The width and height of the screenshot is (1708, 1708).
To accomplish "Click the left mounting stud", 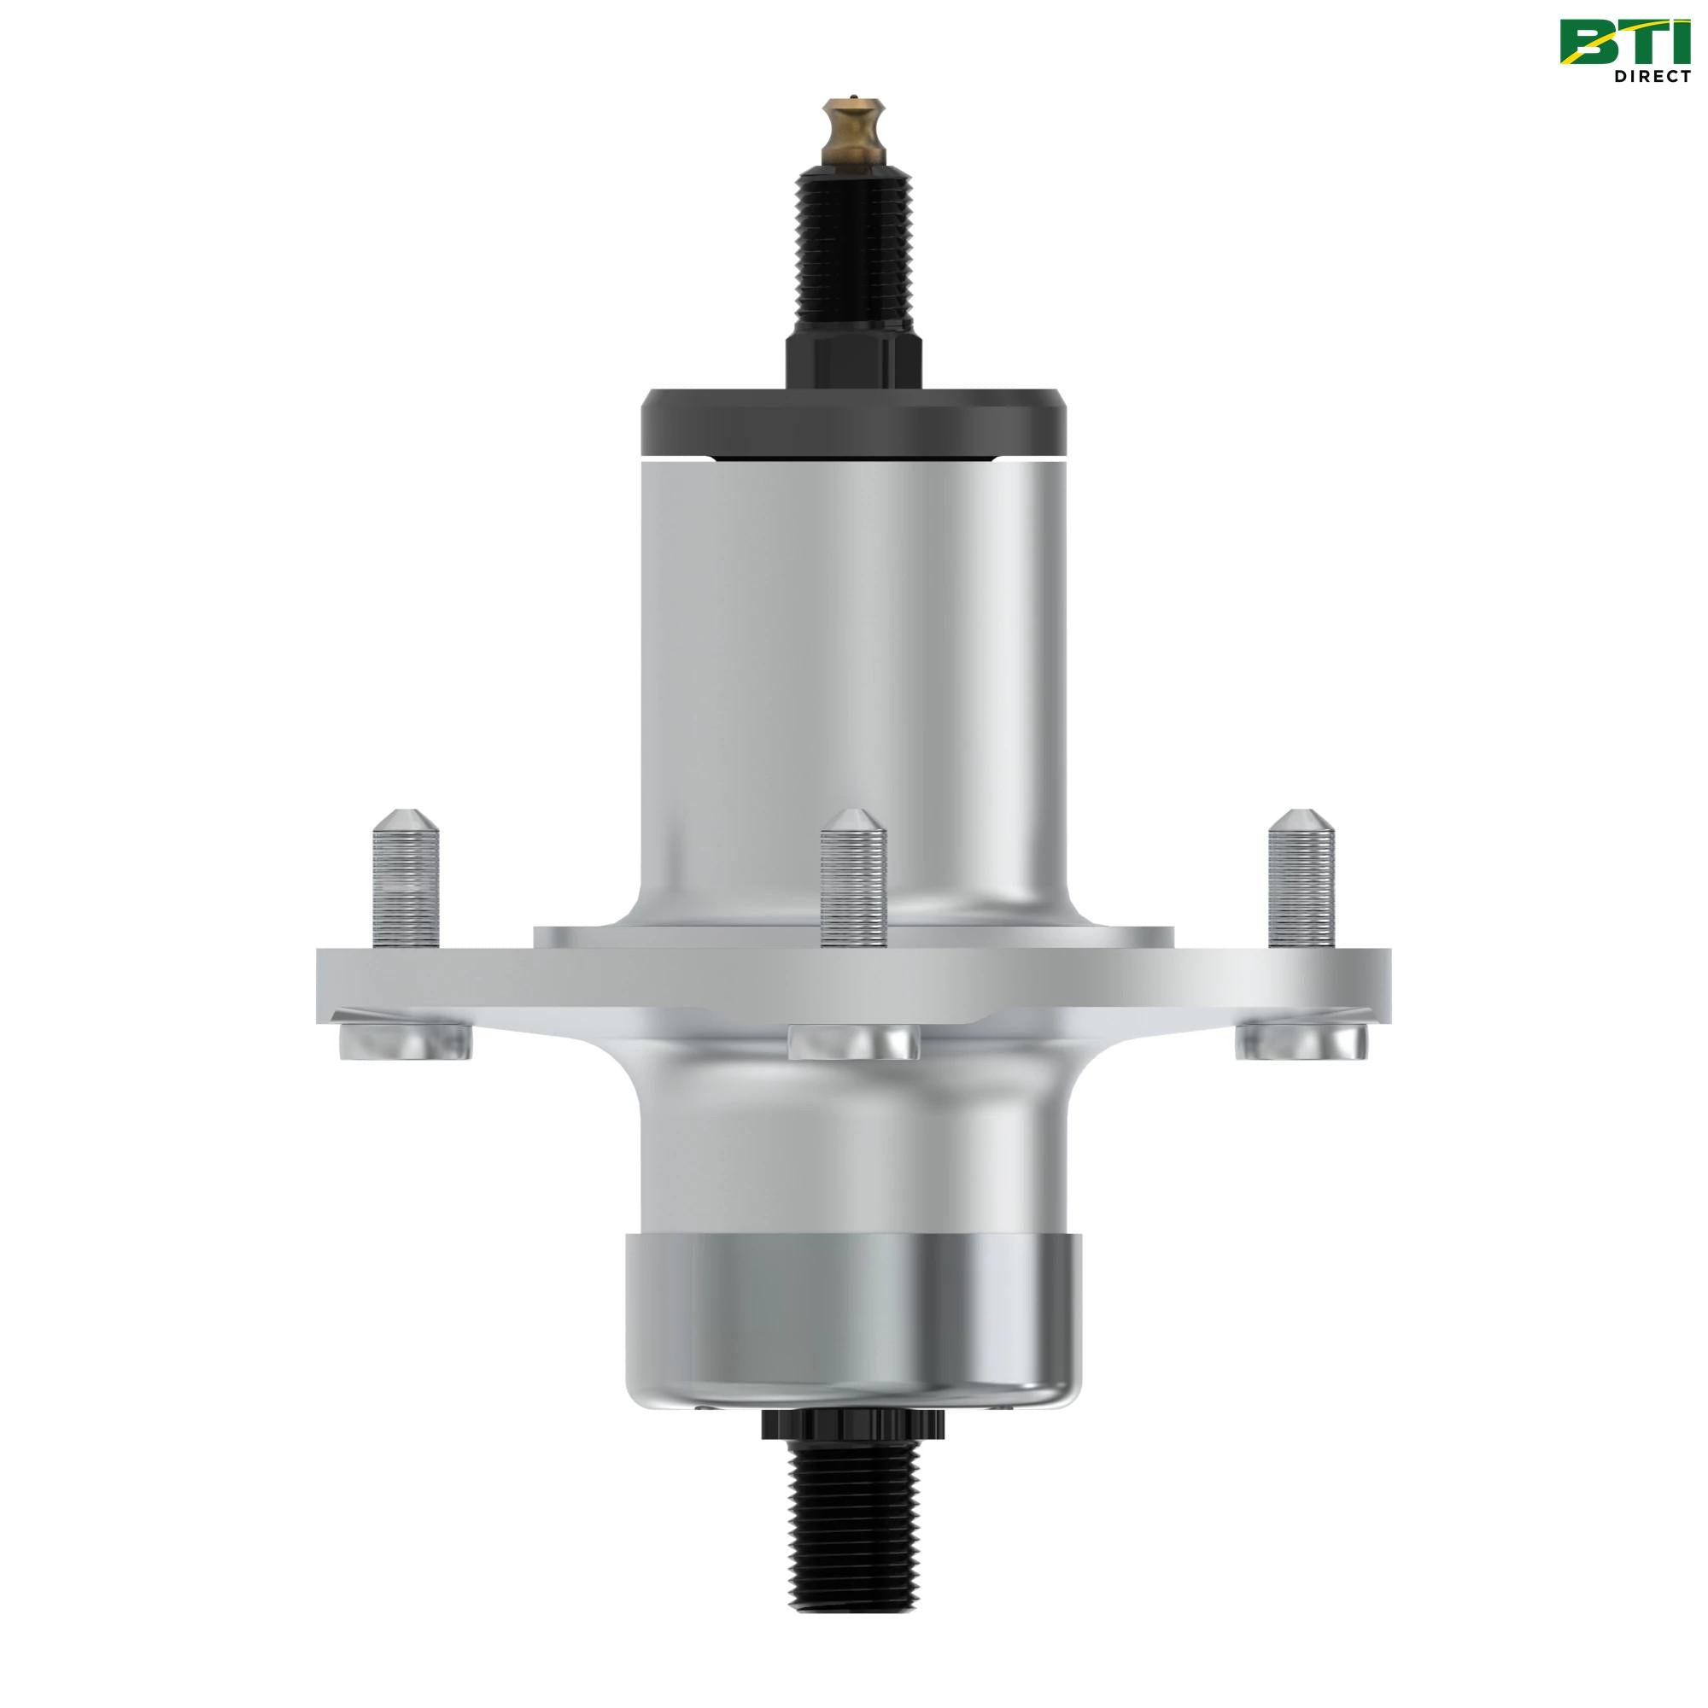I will (x=407, y=884).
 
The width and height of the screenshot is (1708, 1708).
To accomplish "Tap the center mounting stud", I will (x=853, y=884).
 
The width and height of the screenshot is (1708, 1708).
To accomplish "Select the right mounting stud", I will (x=1301, y=884).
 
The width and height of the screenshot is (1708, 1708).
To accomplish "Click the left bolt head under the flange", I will (x=404, y=1044).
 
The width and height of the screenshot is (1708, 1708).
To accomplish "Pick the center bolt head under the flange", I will (x=853, y=1041).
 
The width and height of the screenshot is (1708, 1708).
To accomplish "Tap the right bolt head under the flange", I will (x=1302, y=1044).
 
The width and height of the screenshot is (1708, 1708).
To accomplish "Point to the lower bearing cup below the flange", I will (x=853, y=1317).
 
